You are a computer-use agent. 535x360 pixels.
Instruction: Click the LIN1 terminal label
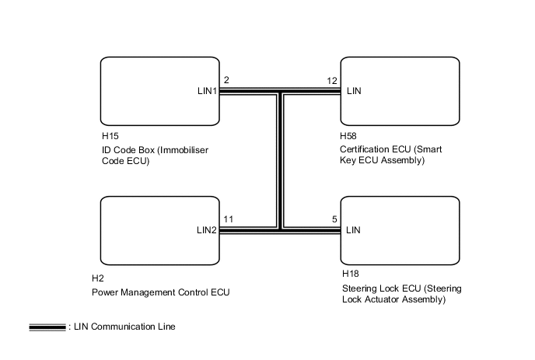coord(206,91)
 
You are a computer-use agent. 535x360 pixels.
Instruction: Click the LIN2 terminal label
coord(206,230)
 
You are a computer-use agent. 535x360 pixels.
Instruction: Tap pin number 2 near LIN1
coord(226,80)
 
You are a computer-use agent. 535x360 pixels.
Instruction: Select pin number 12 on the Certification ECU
coord(332,80)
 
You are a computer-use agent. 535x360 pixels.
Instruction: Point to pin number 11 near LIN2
coord(228,219)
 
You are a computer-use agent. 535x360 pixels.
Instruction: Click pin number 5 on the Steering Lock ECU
coord(334,219)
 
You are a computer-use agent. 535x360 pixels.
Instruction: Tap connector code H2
coord(98,278)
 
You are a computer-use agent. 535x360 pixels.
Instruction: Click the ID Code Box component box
coord(159,91)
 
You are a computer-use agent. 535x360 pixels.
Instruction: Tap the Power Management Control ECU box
coord(159,230)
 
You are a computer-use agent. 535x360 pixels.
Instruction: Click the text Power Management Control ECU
coord(161,292)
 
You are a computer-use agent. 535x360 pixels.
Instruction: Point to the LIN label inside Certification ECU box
coord(354,91)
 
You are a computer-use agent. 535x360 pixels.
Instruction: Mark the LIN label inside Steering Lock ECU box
coord(354,230)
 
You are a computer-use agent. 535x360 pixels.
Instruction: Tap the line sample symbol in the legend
coord(47,327)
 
